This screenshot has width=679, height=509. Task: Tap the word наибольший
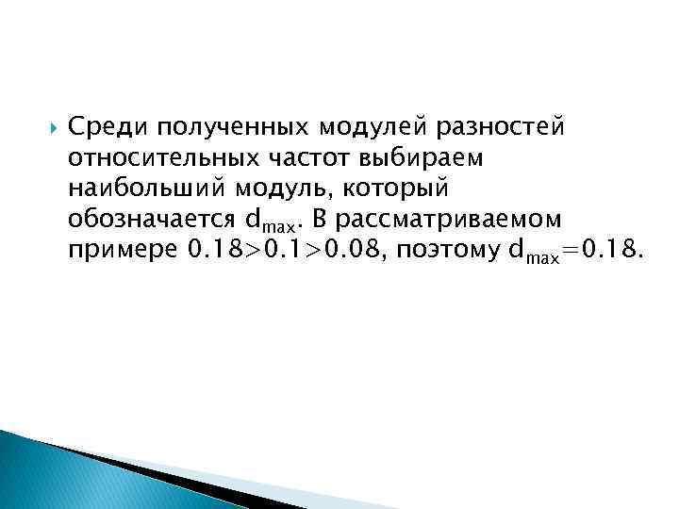[146, 188]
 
